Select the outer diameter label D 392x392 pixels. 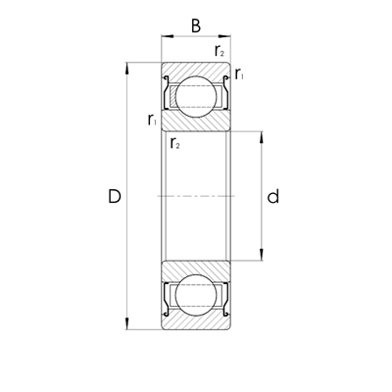(x=115, y=197)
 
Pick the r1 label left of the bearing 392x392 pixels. (x=152, y=120)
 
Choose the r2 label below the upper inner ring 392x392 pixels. (x=174, y=144)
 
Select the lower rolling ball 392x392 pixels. (x=196, y=300)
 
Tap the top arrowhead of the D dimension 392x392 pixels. (x=127, y=68)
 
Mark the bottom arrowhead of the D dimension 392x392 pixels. (x=127, y=326)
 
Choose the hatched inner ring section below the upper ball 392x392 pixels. (x=196, y=122)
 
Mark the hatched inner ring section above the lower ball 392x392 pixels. (x=196, y=271)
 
